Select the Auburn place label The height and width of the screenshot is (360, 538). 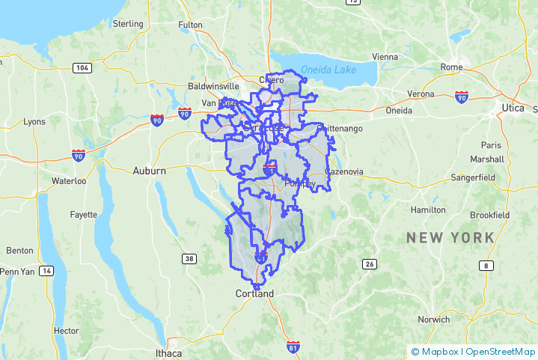coord(149,171)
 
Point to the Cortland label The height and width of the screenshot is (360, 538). coord(254,293)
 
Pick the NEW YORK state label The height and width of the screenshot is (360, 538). coord(450,237)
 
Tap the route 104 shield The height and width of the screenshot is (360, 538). coord(83,68)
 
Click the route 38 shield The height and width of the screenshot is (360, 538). coord(189,259)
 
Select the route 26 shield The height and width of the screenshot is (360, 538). coord(369,263)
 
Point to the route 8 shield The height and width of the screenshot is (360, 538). coord(487,266)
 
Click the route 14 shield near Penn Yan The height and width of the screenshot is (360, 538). coord(47,270)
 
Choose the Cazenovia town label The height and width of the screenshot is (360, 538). coord(343,171)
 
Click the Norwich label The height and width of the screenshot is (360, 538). coord(434,320)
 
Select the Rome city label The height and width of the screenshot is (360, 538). coord(451,67)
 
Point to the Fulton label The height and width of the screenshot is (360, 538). coord(190,25)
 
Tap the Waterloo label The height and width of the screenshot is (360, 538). coord(69,181)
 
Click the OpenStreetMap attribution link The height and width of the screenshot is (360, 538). coord(501,352)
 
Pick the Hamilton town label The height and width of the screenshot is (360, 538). coord(429,210)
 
